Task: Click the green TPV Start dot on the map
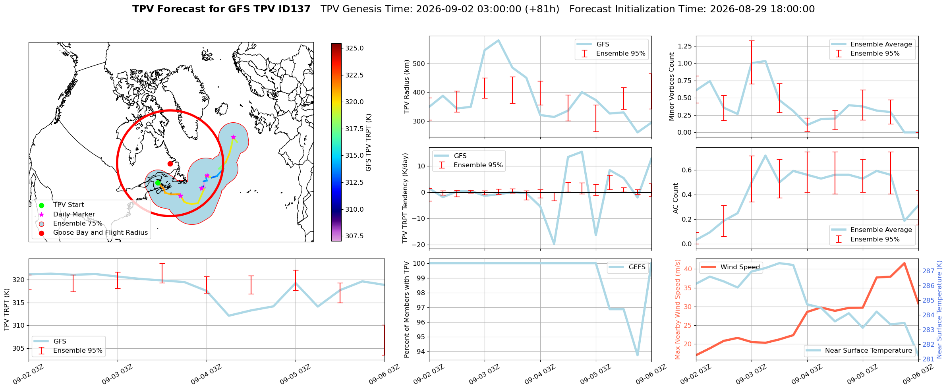tap(158, 183)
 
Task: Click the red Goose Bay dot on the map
tap(170, 164)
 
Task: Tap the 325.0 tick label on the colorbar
tap(354, 48)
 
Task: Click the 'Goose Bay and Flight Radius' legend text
tap(100, 233)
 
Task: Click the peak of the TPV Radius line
tap(499, 40)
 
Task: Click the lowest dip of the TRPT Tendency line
tap(554, 244)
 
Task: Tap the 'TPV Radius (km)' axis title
tap(407, 87)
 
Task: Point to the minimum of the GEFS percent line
tap(637, 355)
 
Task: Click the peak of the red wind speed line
tap(904, 263)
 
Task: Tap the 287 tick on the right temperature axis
tap(928, 271)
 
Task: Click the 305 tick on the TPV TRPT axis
tap(19, 349)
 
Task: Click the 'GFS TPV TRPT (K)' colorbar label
tap(369, 142)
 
